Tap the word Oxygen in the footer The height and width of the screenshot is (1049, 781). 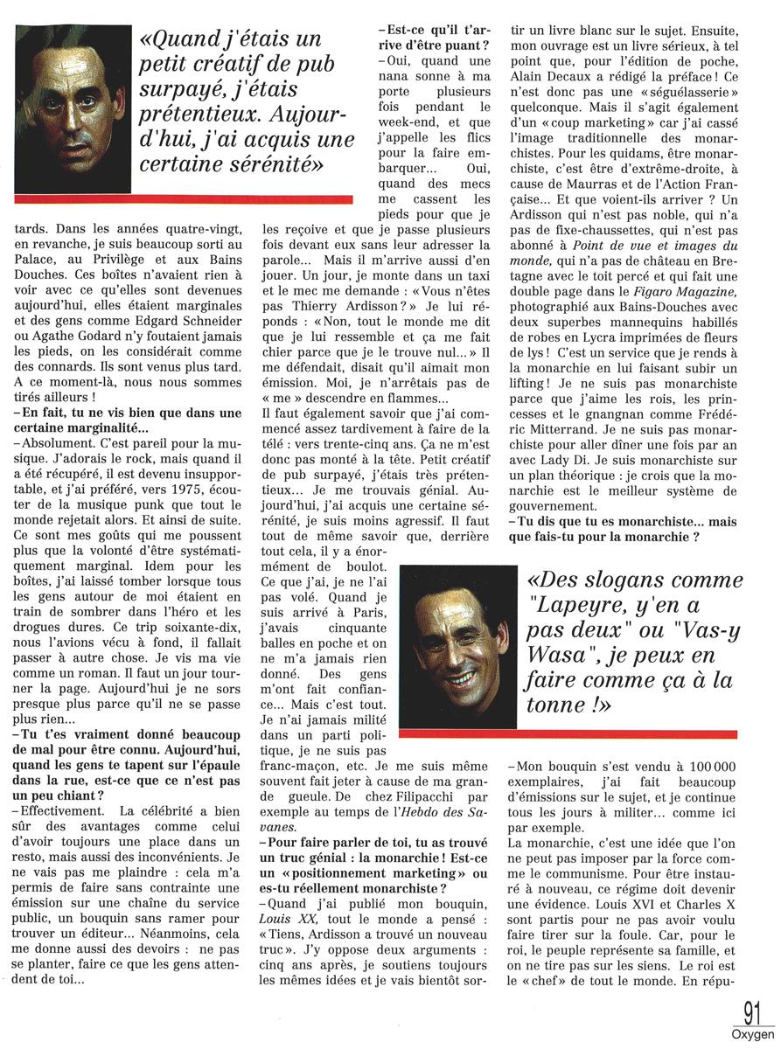(753, 1033)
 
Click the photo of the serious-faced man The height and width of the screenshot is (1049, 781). (71, 109)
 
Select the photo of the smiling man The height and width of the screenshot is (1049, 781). (458, 646)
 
